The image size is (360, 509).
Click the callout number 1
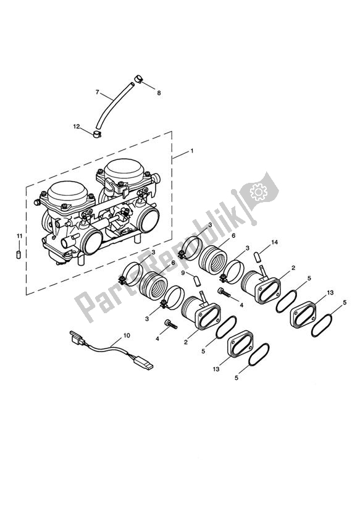(175, 151)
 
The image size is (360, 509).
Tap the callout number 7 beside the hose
(97, 92)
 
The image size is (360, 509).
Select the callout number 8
(159, 93)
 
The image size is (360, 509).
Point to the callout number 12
(77, 127)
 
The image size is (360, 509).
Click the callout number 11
(19, 236)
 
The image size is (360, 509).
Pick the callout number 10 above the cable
(127, 336)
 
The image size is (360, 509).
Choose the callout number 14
(275, 242)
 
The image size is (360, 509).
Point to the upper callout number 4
(241, 305)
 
